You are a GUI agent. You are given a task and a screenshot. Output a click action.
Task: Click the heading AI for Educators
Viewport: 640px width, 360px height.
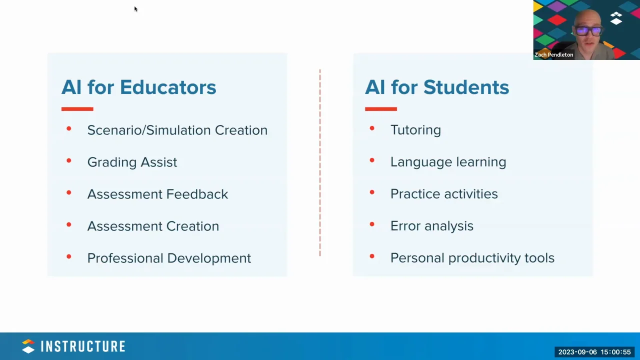tap(138, 87)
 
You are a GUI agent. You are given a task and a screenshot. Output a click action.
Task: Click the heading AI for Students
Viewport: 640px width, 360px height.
tap(436, 87)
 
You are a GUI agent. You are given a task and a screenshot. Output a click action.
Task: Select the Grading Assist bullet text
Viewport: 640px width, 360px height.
tap(132, 162)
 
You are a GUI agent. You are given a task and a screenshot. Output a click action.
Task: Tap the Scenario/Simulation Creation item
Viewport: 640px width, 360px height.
tap(177, 130)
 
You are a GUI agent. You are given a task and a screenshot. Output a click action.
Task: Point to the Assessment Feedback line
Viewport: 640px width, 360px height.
tap(157, 194)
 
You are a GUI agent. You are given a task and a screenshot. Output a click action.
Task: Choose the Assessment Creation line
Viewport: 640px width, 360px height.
tap(153, 226)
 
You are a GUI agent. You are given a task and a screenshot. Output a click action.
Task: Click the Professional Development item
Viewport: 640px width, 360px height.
tap(169, 258)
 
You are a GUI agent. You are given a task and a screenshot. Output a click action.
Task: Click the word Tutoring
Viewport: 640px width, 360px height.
tap(415, 130)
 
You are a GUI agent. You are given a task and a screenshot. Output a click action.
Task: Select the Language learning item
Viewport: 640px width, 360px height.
tap(448, 162)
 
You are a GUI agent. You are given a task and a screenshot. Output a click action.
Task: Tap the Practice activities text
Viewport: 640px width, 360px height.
tap(444, 194)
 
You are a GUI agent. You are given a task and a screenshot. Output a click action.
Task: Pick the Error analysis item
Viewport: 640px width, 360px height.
tap(431, 226)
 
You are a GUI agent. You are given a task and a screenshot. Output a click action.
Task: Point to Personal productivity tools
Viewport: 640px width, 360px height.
tap(472, 258)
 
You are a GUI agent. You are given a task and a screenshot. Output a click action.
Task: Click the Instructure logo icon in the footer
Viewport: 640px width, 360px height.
tap(28, 346)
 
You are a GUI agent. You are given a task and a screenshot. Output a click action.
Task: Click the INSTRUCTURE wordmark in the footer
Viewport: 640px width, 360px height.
tap(83, 346)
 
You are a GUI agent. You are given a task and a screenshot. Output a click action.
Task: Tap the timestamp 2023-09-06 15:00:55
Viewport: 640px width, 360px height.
tap(594, 352)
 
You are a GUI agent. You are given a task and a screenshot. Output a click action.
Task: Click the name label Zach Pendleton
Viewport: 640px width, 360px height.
tap(553, 55)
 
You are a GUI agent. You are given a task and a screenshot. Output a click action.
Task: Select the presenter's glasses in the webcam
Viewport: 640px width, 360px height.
tap(588, 31)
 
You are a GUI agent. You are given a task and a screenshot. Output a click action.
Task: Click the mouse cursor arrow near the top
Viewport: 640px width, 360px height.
tap(135, 9)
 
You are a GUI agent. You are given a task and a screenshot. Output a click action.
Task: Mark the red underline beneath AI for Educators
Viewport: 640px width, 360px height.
tap(77, 108)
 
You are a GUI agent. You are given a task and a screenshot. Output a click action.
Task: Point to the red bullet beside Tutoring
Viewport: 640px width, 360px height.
tap(371, 128)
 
